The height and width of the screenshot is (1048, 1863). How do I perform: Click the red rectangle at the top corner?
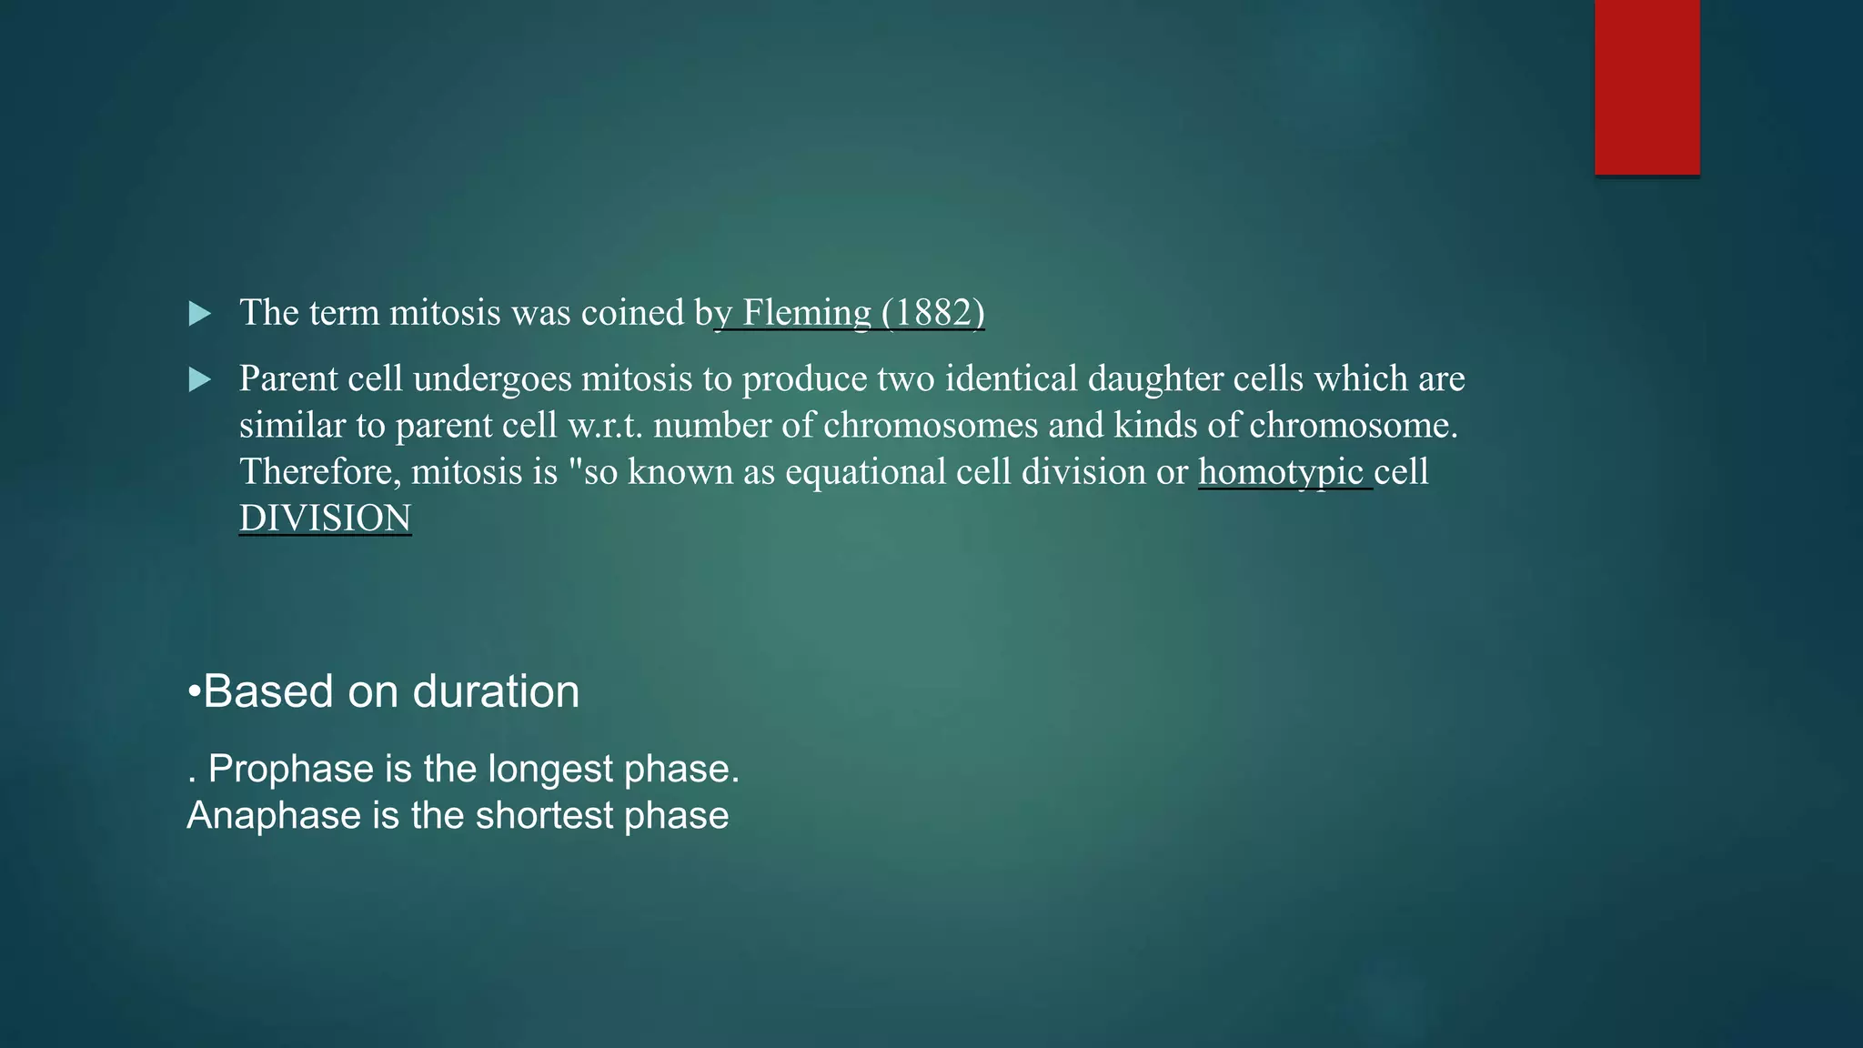point(1646,87)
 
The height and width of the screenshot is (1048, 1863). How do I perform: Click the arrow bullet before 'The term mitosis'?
point(199,314)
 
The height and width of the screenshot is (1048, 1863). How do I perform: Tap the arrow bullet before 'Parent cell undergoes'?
point(199,379)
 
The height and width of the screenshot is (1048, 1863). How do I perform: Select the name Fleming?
point(807,313)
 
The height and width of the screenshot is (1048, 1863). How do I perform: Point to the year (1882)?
point(932,313)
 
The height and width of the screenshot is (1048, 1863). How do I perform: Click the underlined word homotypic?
point(1281,472)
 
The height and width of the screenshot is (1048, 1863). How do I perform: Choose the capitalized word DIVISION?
point(325,519)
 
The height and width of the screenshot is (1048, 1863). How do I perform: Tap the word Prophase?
point(291,770)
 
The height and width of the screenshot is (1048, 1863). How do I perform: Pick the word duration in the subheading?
point(496,692)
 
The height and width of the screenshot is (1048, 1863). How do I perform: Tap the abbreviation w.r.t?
point(605,426)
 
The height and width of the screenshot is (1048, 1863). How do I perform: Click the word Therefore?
point(319,472)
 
